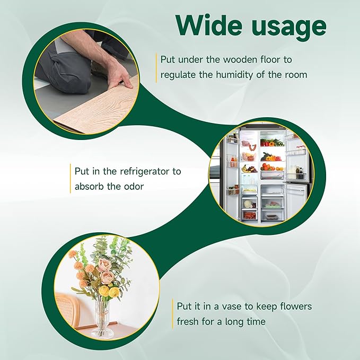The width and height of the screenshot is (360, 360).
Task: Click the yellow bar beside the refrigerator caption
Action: click(70, 179)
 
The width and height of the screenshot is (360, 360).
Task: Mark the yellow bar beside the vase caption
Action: click(172, 314)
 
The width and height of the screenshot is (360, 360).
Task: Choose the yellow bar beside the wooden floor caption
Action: click(156, 67)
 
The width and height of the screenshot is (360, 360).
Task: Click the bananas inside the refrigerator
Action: click(248, 169)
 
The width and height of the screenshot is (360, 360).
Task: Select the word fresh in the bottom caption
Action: click(188, 321)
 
